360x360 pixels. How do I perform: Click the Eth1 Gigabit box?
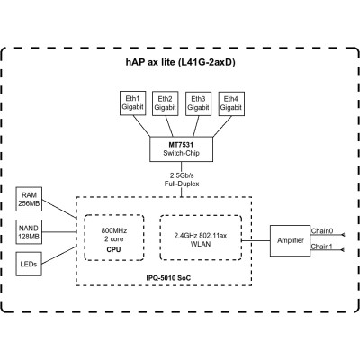pos(132,103)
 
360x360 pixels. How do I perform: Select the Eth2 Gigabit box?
pos(165,103)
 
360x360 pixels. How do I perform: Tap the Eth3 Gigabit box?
pos(197,103)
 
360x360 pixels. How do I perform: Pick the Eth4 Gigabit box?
pos(230,103)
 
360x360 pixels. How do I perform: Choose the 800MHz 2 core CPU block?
pos(114,238)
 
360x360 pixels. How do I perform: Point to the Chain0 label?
pos(322,231)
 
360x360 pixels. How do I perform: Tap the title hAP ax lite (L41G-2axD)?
pos(180,64)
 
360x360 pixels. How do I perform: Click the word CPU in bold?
pos(114,248)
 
